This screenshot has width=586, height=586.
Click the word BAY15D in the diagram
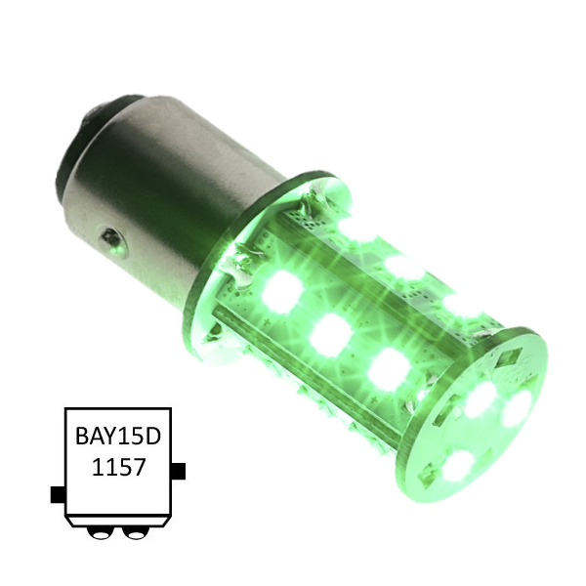click(118, 436)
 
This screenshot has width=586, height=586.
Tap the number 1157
click(118, 467)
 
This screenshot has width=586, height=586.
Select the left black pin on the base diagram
click(58, 494)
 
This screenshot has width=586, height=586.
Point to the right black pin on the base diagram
click(178, 471)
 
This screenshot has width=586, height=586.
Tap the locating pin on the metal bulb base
click(113, 242)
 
